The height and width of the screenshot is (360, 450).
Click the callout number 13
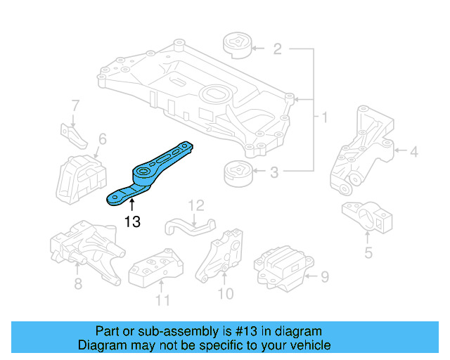131,222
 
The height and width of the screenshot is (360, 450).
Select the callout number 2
277,49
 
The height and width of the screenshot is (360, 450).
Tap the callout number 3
275,171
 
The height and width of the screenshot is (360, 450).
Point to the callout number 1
324,116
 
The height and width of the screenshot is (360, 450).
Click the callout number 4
414,150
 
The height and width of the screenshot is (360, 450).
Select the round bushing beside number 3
238,173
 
